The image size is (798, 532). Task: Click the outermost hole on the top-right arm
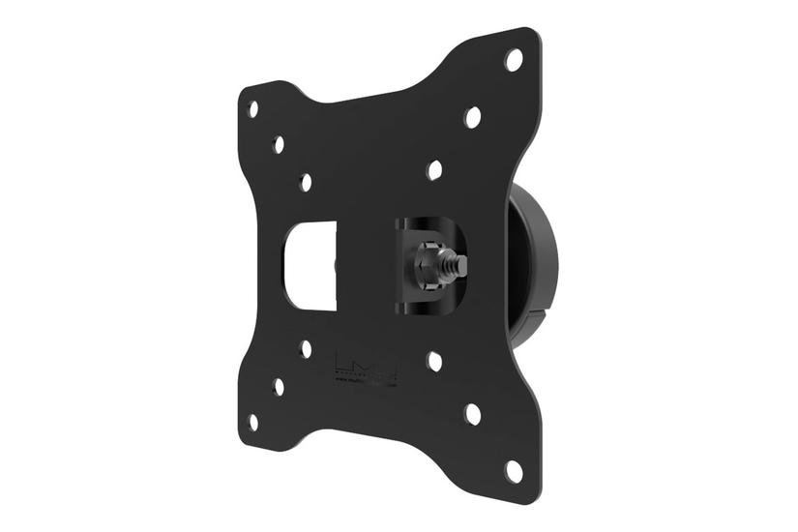click(x=514, y=60)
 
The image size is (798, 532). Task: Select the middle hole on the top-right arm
click(x=472, y=117)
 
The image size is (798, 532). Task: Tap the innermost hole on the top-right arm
click(x=434, y=170)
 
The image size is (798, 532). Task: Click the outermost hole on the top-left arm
click(x=253, y=109)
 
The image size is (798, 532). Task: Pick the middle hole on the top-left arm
click(x=279, y=145)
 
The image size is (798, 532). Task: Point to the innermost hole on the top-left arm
click(x=306, y=182)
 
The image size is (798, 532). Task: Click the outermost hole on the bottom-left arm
click(x=253, y=423)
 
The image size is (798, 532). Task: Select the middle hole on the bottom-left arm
click(x=279, y=386)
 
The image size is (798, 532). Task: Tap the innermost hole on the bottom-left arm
click(x=306, y=349)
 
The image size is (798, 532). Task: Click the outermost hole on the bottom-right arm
click(x=514, y=471)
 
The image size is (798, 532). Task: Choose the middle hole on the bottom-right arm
click(x=472, y=414)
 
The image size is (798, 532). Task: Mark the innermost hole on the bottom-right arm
click(x=434, y=362)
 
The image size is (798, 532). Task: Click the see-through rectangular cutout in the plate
click(x=310, y=265)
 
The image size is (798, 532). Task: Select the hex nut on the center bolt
click(x=427, y=264)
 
